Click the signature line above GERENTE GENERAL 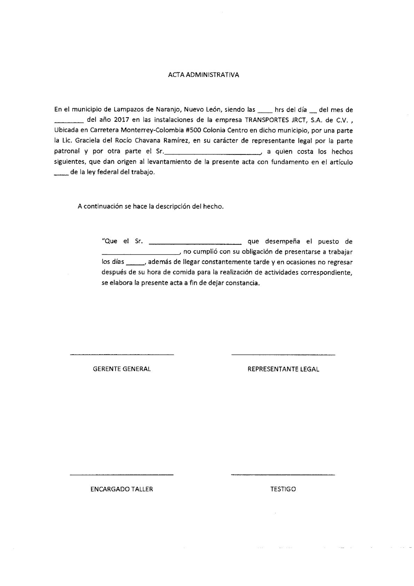click(122, 355)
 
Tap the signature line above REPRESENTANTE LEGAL click(283, 355)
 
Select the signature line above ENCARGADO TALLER click(122, 475)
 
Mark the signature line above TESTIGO click(283, 475)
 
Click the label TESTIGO click(283, 489)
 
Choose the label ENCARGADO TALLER click(122, 489)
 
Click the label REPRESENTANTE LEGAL click(283, 369)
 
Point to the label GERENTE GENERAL click(122, 369)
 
